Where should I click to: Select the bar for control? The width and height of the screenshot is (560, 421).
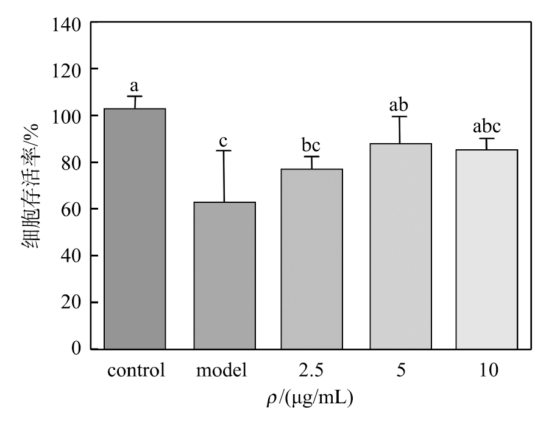(135, 228)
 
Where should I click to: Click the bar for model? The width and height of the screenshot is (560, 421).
(225, 275)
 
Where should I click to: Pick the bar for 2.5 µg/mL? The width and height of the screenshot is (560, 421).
(312, 259)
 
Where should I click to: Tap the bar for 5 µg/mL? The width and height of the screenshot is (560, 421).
(401, 246)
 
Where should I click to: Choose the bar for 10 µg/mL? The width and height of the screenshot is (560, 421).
(487, 249)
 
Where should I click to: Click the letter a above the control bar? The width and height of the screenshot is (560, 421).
(134, 86)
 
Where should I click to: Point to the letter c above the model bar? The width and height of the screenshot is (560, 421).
(223, 141)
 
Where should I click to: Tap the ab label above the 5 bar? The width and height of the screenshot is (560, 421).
(399, 105)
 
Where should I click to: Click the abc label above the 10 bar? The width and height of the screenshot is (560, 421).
(487, 126)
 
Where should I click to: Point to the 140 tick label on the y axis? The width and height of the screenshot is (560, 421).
(67, 25)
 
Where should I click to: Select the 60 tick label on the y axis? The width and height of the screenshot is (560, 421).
(71, 209)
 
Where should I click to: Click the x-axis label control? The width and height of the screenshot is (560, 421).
(136, 370)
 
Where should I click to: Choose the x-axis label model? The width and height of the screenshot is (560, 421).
(221, 370)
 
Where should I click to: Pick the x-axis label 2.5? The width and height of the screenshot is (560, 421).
(311, 370)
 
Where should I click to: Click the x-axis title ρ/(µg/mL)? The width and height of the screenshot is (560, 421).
(310, 398)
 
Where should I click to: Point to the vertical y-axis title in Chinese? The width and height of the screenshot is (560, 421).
(31, 186)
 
